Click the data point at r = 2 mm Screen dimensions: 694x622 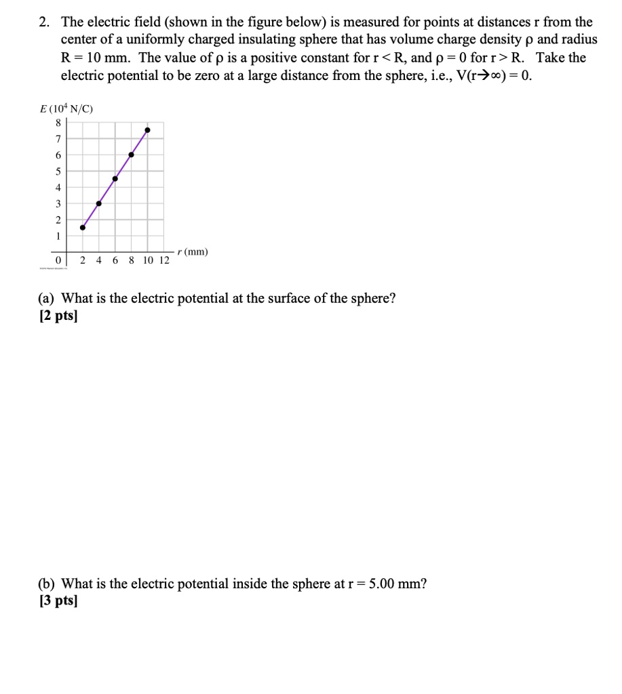click(x=83, y=227)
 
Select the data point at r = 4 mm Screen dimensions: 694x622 click(x=99, y=203)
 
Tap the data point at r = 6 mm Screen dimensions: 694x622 click(x=115, y=179)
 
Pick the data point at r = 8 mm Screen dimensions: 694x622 click(x=131, y=155)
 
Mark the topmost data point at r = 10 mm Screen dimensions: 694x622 click(x=147, y=129)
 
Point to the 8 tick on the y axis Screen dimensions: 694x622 click(x=58, y=123)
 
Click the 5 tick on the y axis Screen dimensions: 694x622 click(x=58, y=171)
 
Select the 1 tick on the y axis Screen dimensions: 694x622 click(x=58, y=236)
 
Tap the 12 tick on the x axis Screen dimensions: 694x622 click(x=163, y=260)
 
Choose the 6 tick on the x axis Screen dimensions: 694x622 click(x=115, y=260)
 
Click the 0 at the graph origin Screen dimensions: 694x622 click(x=59, y=260)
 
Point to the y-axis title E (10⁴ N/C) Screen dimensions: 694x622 click(x=66, y=108)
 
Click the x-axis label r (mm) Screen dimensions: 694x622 click(x=193, y=252)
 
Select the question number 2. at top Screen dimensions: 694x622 click(x=44, y=22)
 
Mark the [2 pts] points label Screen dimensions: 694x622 click(x=58, y=317)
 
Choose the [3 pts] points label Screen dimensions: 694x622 click(x=58, y=601)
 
